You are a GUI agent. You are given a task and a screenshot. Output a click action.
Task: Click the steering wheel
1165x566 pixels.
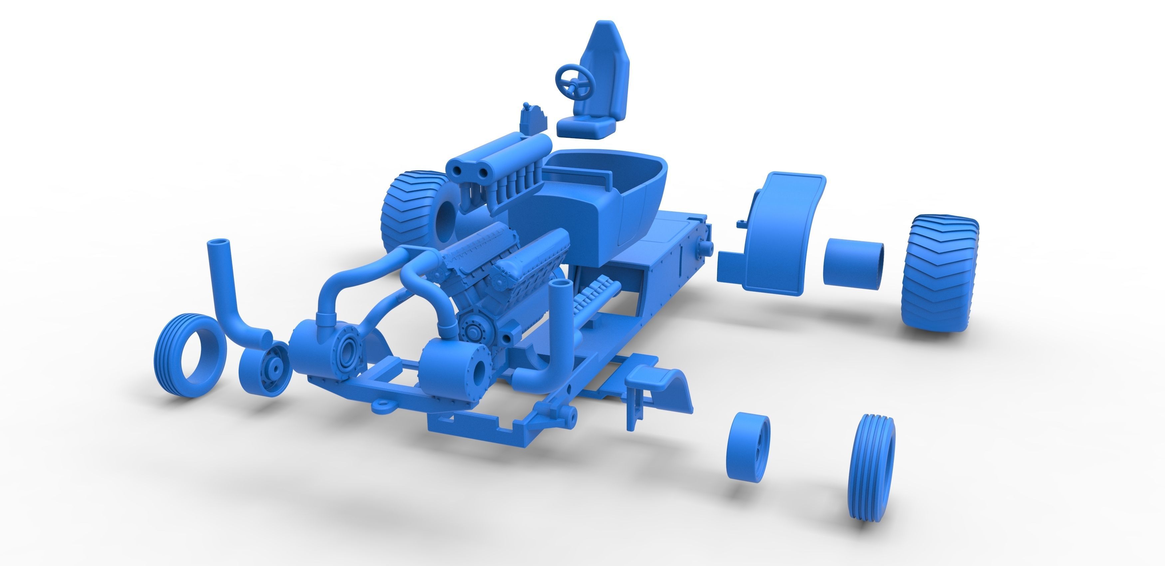[574, 81]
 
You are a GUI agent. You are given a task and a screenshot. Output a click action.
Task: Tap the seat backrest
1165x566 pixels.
[606, 68]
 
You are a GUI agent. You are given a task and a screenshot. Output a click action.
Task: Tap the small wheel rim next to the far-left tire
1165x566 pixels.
[265, 368]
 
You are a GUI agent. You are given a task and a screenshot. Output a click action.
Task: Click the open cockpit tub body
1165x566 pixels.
[588, 199]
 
